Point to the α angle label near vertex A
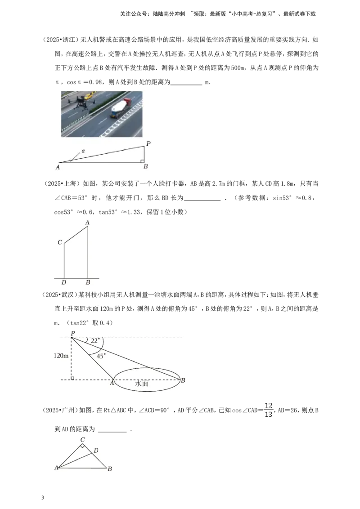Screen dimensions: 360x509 click(x=83, y=151)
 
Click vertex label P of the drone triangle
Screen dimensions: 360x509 click(x=148, y=143)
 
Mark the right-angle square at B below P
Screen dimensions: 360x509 click(x=143, y=161)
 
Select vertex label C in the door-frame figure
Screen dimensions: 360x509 click(x=60, y=242)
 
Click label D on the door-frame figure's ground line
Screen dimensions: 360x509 click(x=64, y=282)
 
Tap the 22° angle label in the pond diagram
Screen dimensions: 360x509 click(x=95, y=341)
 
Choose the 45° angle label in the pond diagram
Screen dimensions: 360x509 click(x=101, y=356)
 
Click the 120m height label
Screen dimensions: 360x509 click(x=61, y=356)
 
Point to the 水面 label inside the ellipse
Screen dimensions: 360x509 click(x=142, y=384)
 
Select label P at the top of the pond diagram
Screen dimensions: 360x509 click(x=73, y=333)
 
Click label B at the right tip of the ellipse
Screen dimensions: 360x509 click(x=183, y=380)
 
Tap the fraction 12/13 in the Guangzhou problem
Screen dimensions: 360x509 click(x=268, y=410)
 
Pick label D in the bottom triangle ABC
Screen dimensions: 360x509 click(x=96, y=450)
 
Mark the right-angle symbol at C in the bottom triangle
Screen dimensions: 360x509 click(x=83, y=446)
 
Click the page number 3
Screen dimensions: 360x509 click(x=43, y=498)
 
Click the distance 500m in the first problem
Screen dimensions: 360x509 click(x=238, y=68)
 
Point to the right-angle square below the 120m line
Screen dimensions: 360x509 click(x=72, y=378)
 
